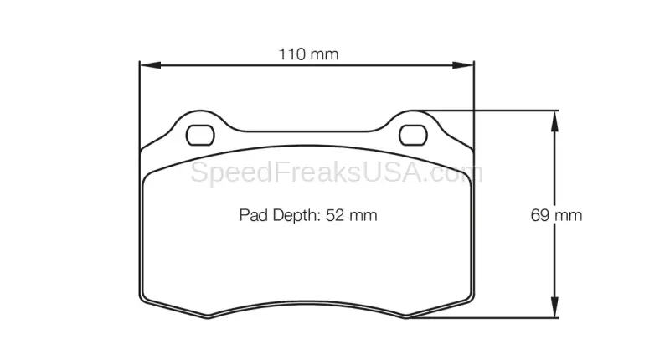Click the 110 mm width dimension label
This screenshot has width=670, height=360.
pos(308,54)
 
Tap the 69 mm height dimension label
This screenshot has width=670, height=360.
pos(556,215)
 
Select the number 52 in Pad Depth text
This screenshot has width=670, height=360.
pos(334,215)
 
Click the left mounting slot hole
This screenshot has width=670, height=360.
pos(200,136)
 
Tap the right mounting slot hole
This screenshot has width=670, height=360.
pos(413,136)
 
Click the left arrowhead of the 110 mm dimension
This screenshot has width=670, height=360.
pos(150,65)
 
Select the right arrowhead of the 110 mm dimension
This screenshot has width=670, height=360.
pos(464,65)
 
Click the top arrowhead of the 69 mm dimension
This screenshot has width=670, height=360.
pos(554,121)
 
